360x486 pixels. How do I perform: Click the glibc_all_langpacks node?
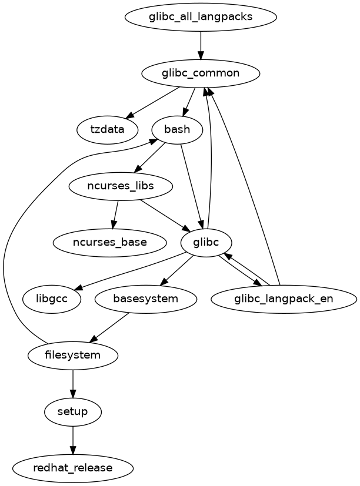(201, 16)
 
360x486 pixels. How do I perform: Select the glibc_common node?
(201, 73)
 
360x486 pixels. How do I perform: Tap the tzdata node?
(108, 129)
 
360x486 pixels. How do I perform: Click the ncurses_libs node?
(121, 186)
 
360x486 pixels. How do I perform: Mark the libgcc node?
(52, 299)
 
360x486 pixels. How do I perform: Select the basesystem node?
(145, 299)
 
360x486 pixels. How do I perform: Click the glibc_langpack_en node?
(284, 299)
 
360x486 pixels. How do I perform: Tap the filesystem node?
(73, 355)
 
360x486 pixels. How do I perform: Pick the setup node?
(73, 411)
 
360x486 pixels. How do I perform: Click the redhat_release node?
(73, 468)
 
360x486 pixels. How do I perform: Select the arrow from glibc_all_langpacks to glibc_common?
(201, 45)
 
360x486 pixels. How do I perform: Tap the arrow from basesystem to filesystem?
(109, 327)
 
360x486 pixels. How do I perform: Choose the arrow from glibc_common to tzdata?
(154, 101)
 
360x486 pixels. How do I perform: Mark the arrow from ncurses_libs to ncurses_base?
(115, 214)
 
